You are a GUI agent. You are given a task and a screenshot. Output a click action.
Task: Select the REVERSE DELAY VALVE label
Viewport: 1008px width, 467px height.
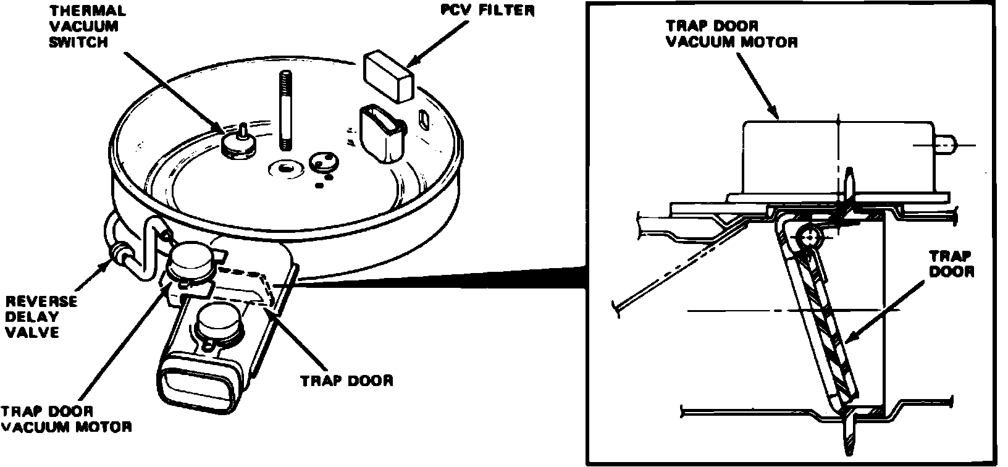pyautogui.click(x=41, y=316)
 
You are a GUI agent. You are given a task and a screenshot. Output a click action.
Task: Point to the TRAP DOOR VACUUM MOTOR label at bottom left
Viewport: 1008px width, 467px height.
pyautogui.click(x=65, y=419)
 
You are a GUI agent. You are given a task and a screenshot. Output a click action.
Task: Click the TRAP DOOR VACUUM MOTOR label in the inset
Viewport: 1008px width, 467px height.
pyautogui.click(x=731, y=35)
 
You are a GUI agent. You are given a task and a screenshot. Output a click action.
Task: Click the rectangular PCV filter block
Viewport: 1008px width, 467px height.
pyautogui.click(x=388, y=75)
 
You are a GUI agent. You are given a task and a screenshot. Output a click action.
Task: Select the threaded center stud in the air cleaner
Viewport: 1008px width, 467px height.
pyautogui.click(x=286, y=111)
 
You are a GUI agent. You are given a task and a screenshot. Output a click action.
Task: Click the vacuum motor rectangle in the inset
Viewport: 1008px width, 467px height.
pyautogui.click(x=837, y=156)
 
